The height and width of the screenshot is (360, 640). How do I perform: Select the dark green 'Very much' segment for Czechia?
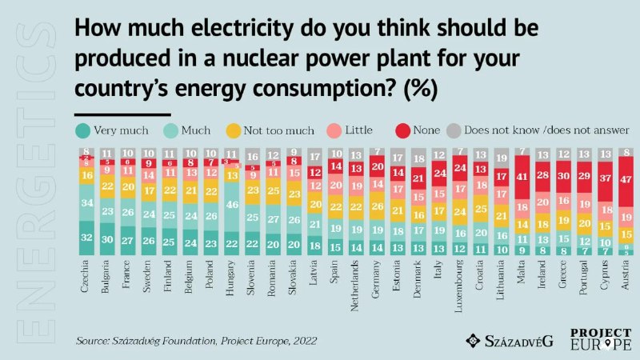86,237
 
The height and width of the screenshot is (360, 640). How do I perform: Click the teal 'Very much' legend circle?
82,129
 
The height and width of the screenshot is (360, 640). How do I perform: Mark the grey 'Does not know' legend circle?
454,129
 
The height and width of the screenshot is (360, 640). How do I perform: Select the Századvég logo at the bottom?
508,340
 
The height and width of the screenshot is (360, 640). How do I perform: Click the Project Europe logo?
601,339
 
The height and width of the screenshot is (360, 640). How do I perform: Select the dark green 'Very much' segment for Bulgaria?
107,239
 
